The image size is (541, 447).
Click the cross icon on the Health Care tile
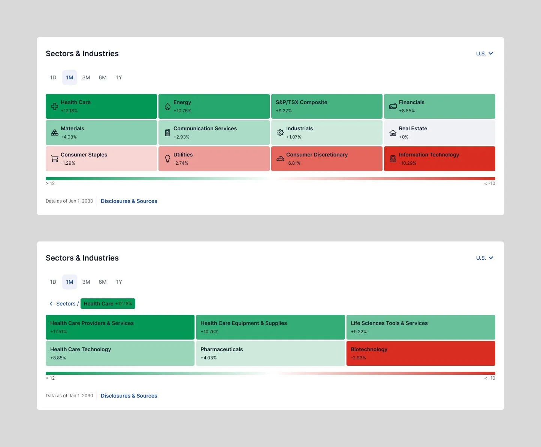(55, 106)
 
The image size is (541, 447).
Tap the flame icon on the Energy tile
(167, 107)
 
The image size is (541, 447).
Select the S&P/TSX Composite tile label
(301, 102)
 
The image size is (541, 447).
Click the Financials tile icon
(393, 106)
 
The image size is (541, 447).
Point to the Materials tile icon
(55, 133)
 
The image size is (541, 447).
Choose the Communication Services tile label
(205, 128)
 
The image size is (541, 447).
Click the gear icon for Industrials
(280, 133)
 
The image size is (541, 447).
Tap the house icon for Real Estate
(393, 133)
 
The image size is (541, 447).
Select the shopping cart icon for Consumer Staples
(55, 159)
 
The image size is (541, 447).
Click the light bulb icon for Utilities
(167, 159)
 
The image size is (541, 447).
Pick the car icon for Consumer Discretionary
(280, 159)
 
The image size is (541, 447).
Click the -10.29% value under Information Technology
(407, 163)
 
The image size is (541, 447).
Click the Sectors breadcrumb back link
(64, 304)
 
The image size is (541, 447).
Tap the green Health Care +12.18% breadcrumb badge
(108, 304)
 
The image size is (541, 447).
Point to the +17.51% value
(58, 332)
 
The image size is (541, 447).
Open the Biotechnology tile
(420, 353)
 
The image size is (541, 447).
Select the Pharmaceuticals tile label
(221, 349)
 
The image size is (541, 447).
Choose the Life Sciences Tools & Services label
(389, 323)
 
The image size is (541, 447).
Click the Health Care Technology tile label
(81, 349)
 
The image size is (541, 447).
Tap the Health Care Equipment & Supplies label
(244, 323)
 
